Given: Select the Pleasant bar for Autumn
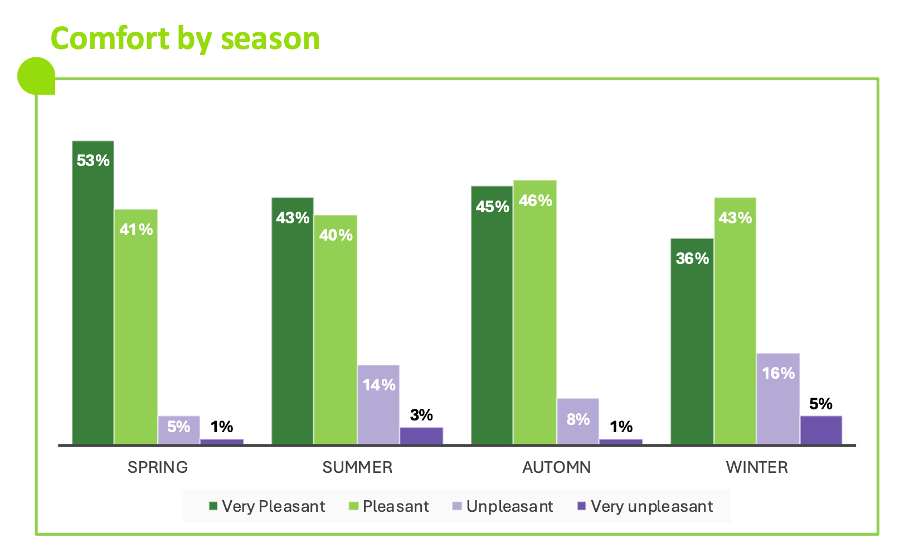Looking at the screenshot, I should click(535, 312).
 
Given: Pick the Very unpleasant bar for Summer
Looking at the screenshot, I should click(421, 436).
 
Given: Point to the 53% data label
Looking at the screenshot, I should click(93, 161).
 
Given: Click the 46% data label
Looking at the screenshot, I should click(535, 200).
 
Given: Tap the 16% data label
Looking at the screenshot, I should click(778, 373).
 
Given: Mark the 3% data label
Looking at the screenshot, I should click(421, 415).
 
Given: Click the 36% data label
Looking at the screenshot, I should click(692, 258).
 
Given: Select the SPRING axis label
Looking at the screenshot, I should click(158, 467).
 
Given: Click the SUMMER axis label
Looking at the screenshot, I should click(357, 467).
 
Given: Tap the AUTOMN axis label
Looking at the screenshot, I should click(557, 467).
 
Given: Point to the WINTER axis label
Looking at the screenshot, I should click(757, 467).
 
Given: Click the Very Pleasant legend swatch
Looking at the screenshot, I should click(213, 506).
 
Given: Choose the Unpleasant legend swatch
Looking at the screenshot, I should click(457, 506).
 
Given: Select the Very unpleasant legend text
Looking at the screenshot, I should click(652, 506).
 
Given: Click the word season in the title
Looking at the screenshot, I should click(270, 39).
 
